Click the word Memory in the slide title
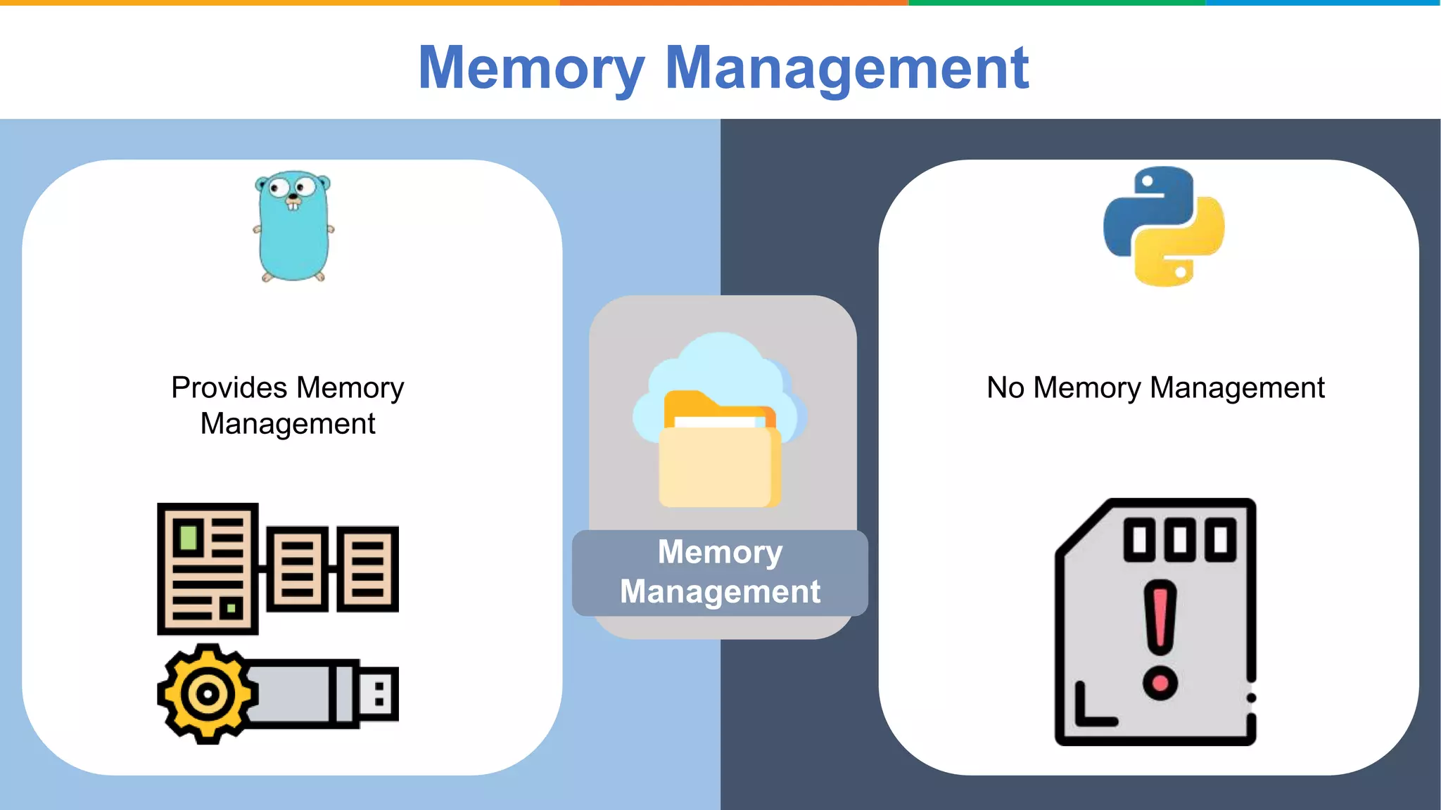pos(531,68)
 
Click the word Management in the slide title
pos(846,68)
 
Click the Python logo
pos(1164,226)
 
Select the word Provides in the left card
pos(229,388)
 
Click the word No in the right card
pos(1005,388)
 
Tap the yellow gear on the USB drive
pos(207,694)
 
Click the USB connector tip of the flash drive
pos(379,694)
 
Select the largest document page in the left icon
pos(208,568)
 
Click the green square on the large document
pos(188,537)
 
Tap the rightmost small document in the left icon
pos(367,569)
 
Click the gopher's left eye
pos(279,188)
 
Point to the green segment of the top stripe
pos(1055,3)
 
